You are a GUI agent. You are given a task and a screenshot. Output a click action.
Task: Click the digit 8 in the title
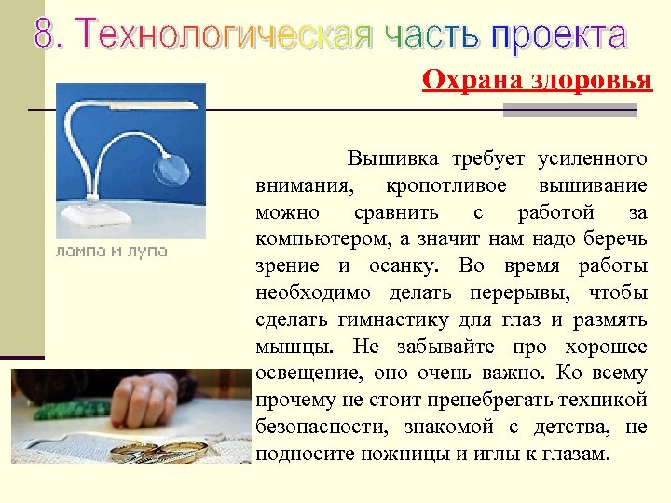coord(46,34)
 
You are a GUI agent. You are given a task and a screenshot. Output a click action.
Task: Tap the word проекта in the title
coord(559,34)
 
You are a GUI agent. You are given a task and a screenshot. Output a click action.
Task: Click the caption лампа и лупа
coord(112,251)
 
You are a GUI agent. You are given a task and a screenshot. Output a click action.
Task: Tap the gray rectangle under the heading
coord(569,110)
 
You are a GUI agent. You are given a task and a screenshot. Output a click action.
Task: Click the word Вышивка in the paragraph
coord(392,158)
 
